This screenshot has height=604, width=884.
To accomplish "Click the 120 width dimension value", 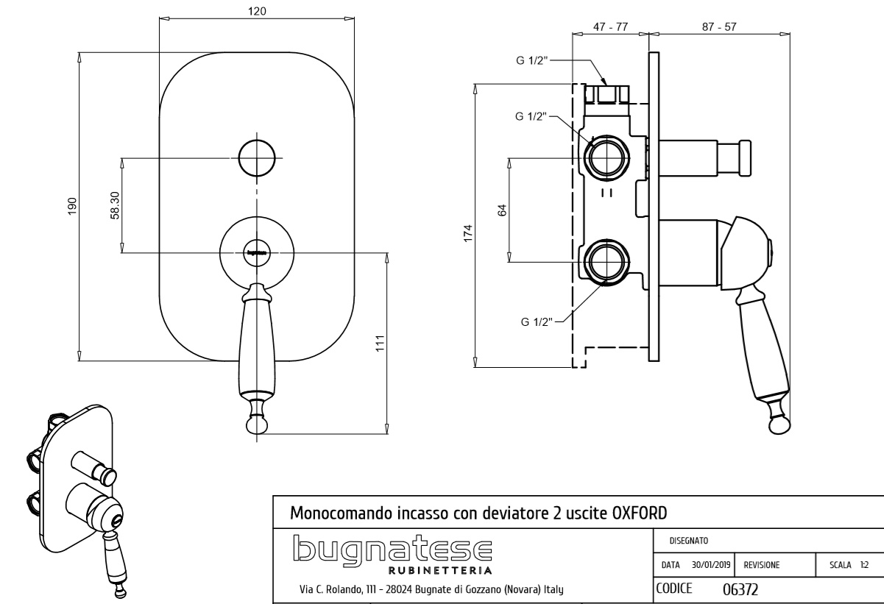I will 257,11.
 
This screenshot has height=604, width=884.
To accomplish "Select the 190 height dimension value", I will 72,206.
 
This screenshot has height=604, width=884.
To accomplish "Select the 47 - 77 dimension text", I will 610,26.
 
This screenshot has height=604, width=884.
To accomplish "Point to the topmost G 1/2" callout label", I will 531,60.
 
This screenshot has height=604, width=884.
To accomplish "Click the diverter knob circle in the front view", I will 256,156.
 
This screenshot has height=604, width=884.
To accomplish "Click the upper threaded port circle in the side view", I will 606,157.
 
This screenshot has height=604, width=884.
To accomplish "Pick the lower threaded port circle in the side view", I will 606,261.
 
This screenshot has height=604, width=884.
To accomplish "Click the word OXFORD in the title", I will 640,512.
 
